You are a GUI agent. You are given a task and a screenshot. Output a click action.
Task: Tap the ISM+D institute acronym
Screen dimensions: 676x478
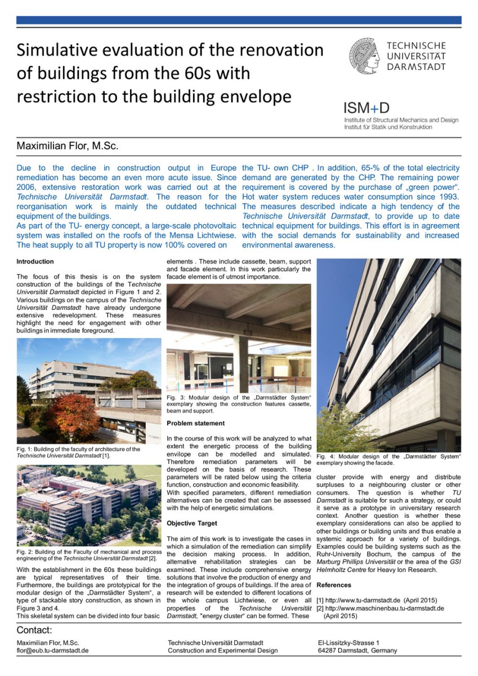[x=367, y=108]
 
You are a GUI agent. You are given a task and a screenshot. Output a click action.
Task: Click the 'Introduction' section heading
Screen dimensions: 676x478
[x=35, y=261]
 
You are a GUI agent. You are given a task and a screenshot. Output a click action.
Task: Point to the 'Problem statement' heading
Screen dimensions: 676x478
[x=195, y=423]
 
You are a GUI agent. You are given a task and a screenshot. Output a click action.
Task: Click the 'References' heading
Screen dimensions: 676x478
[x=334, y=585]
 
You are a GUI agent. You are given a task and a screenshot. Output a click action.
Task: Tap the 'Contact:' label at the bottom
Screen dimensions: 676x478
[x=34, y=630]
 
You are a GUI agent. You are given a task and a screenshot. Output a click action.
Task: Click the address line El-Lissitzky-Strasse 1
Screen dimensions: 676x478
[x=349, y=643]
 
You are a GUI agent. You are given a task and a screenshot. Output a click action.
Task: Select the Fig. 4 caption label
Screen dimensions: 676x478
[x=326, y=456]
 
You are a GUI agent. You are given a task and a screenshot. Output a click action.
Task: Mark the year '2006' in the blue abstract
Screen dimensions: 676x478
[x=29, y=187]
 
